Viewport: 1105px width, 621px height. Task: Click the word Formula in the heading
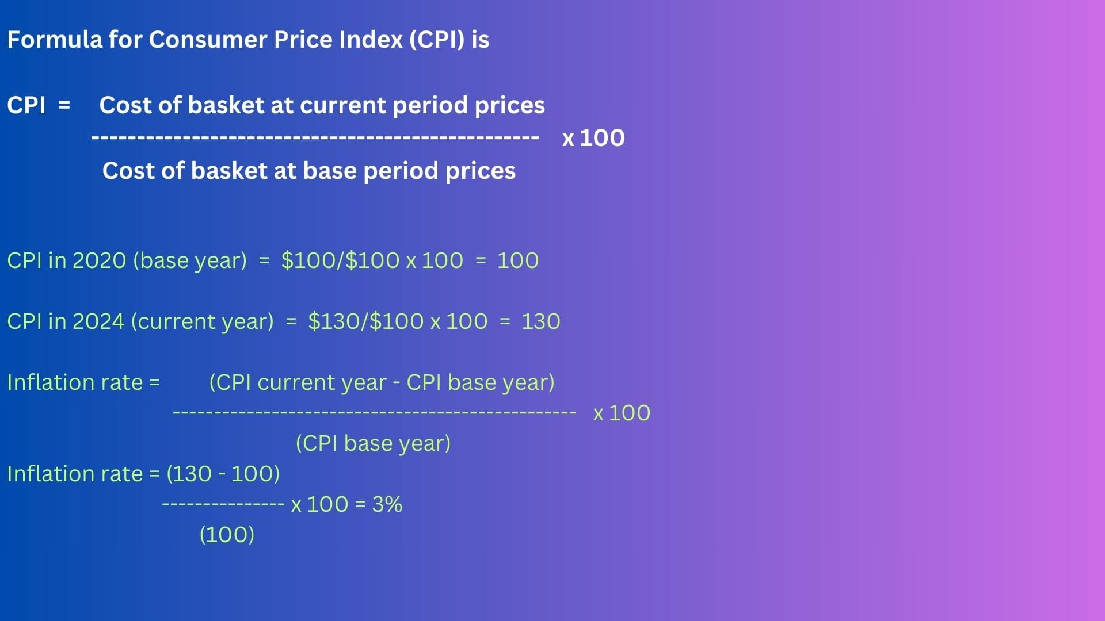tap(55, 40)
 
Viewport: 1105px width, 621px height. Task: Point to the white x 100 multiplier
tap(593, 138)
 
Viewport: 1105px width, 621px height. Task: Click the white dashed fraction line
tap(315, 138)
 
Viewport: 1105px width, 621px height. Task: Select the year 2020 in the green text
tap(99, 260)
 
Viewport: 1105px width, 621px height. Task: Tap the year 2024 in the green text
tap(98, 321)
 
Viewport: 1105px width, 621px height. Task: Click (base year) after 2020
tap(190, 261)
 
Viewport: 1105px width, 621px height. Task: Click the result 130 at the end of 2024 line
tap(541, 321)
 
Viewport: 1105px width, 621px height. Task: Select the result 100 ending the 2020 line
tap(518, 260)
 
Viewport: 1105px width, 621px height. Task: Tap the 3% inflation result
tap(387, 504)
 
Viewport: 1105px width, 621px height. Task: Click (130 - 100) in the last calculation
tap(223, 474)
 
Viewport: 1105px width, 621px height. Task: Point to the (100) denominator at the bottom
tap(227, 535)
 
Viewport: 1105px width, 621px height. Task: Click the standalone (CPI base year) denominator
tap(373, 443)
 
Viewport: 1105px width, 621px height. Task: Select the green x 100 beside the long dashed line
tap(622, 413)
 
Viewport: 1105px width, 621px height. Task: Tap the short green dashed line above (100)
tap(223, 505)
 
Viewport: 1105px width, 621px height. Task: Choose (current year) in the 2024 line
tap(203, 322)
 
